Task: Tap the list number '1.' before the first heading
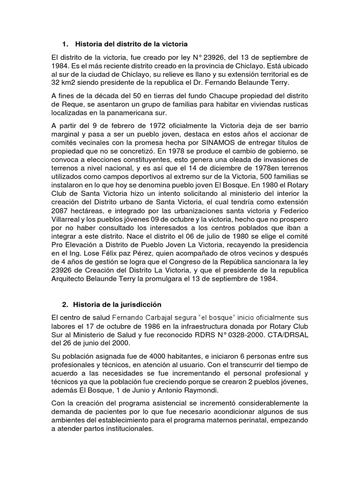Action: pyautogui.click(x=65, y=44)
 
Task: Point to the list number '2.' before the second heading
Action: pyautogui.click(x=65, y=305)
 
